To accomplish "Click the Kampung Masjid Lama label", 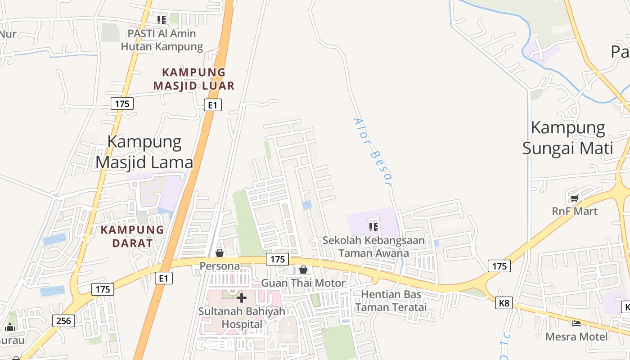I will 144,152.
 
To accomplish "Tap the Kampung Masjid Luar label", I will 194,79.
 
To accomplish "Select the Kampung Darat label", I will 132,236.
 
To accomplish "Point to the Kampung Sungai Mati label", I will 568,137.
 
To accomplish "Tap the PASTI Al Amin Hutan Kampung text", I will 162,40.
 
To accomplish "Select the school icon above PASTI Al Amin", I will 162,20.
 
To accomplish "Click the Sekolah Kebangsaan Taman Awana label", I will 373,247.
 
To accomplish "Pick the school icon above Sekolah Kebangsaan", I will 373,227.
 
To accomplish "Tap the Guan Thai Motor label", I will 303,283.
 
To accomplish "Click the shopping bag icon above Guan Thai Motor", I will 303,270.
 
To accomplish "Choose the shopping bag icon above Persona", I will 220,253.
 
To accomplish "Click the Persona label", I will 220,266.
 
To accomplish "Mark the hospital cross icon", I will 242,297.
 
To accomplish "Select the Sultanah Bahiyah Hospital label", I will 242,318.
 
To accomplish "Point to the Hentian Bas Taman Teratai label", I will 391,301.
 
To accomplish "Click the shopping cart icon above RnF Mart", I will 574,198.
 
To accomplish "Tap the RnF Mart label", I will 575,211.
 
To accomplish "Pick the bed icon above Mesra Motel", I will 576,323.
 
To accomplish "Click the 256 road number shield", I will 64,320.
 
